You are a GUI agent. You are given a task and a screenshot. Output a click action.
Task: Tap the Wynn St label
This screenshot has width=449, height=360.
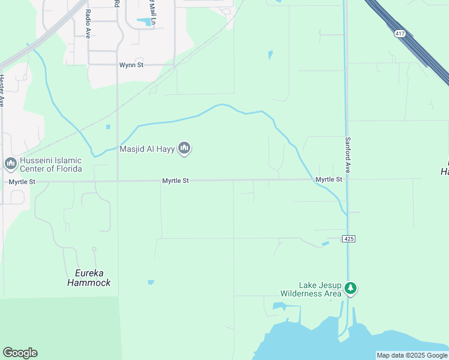tap(131, 65)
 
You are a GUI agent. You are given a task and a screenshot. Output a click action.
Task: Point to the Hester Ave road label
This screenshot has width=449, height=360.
tap(2, 90)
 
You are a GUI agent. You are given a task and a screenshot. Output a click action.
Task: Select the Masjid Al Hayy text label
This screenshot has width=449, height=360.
tap(148, 149)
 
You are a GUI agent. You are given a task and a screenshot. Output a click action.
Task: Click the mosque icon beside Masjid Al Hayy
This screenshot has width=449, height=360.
tap(185, 148)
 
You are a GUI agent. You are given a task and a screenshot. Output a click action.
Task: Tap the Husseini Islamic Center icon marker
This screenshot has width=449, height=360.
tap(10, 163)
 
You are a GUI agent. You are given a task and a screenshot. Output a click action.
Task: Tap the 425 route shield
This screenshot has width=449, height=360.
tap(350, 239)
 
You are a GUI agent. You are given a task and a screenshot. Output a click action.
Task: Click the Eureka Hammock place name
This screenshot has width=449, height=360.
tap(89, 278)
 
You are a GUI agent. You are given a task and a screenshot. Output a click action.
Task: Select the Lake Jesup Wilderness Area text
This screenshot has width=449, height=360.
tap(310, 290)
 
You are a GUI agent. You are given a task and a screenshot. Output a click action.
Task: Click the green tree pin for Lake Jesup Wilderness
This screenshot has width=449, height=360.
tap(351, 289)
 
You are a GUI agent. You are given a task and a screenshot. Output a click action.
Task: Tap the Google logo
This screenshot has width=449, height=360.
tap(20, 353)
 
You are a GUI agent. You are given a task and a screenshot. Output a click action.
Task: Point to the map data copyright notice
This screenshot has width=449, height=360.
tap(412, 355)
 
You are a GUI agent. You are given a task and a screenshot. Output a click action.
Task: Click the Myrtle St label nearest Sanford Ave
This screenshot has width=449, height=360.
tap(328, 179)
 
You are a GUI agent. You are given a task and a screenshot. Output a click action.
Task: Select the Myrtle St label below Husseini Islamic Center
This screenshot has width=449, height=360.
tap(22, 181)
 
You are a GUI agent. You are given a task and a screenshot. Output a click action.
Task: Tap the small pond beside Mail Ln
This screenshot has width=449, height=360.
tap(144, 22)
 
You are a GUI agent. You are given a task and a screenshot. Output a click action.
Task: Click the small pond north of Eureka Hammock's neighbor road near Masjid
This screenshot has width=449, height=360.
tap(108, 127)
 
